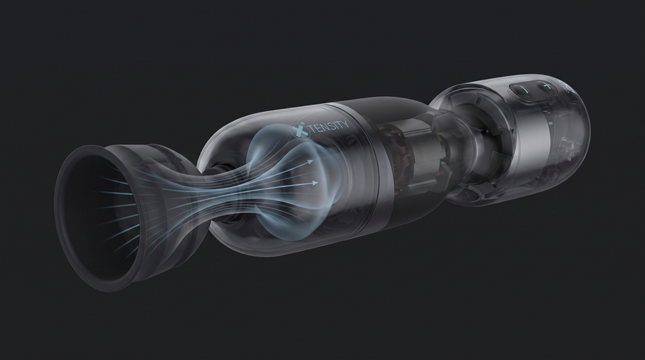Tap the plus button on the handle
point(546,86)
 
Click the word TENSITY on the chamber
point(328,125)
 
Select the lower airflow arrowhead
point(314,182)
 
